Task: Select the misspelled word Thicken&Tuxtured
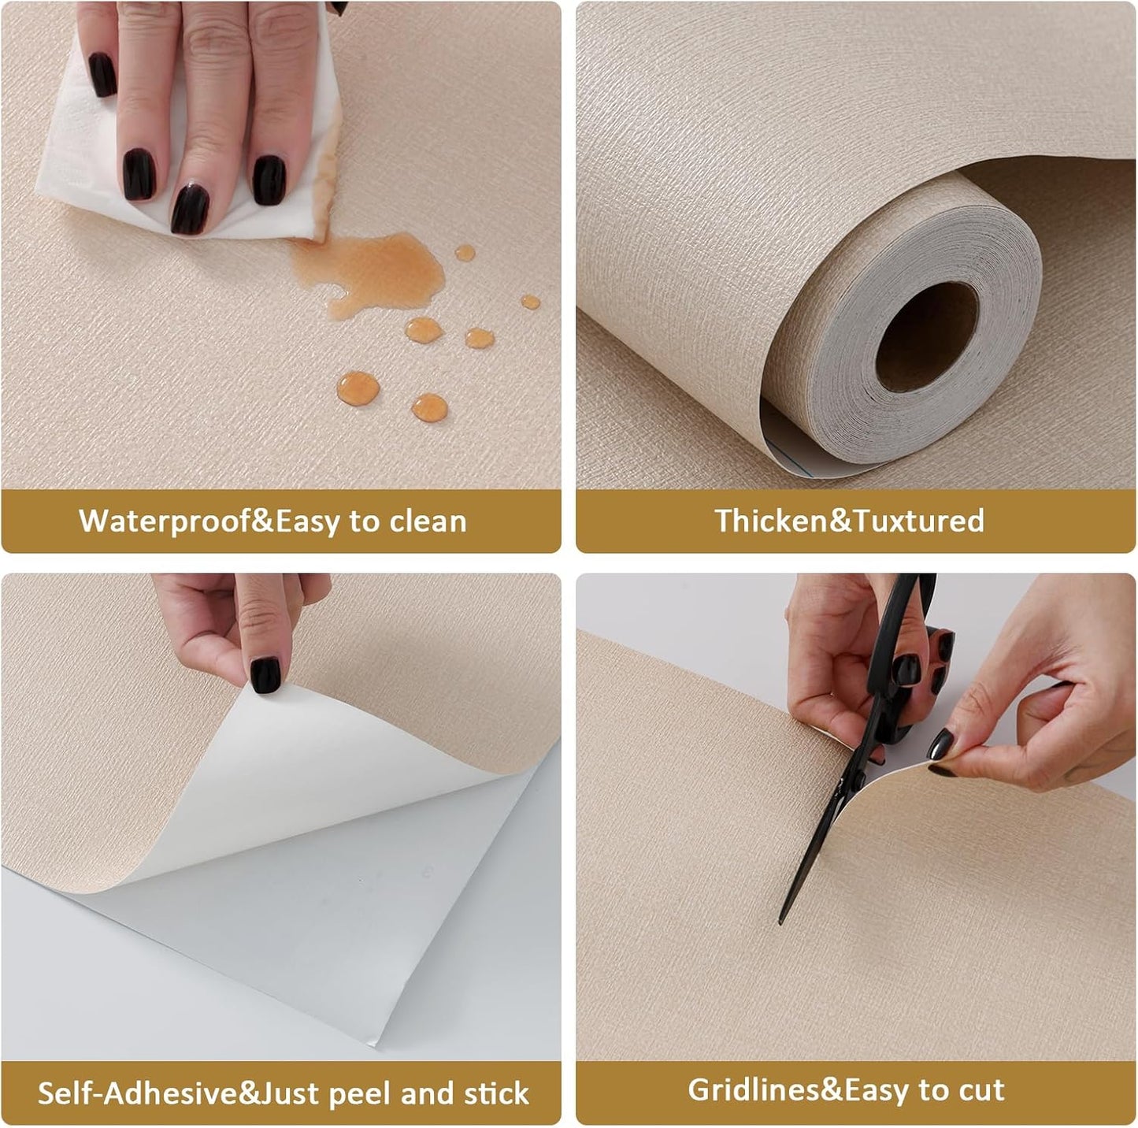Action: pyautogui.click(x=849, y=521)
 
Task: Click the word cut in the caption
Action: pyautogui.click(x=981, y=1090)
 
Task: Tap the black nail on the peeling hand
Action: pyautogui.click(x=265, y=675)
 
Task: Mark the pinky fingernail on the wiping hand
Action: pyautogui.click(x=102, y=75)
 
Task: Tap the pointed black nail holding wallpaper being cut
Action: pyautogui.click(x=940, y=744)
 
